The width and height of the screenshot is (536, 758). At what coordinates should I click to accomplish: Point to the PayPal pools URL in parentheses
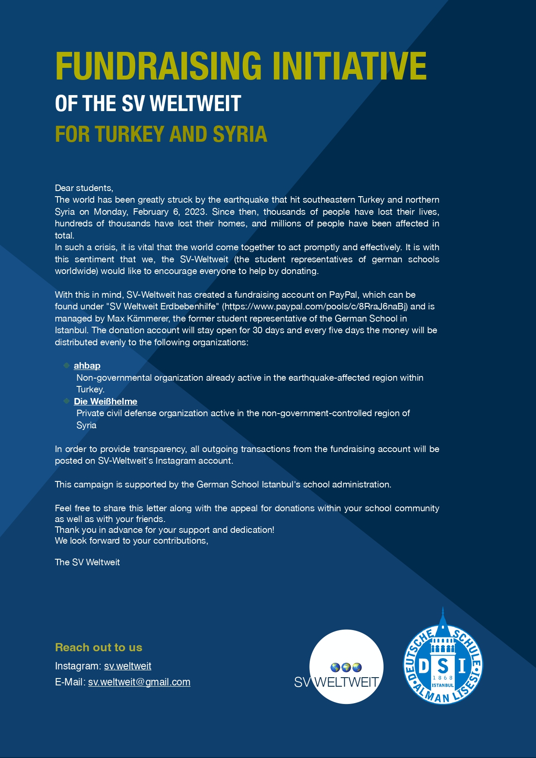(315, 306)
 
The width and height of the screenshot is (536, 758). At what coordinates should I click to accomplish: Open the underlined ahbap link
(87, 366)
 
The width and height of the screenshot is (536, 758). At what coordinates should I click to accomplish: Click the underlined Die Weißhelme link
(105, 401)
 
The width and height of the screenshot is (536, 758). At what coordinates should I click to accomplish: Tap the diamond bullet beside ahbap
(67, 366)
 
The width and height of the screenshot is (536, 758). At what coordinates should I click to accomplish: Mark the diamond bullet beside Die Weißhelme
(67, 401)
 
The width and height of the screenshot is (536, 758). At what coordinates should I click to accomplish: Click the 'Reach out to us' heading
(98, 647)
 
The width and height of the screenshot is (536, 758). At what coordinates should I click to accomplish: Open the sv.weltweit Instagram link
(127, 666)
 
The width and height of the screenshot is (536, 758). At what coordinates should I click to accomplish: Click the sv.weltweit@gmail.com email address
(139, 682)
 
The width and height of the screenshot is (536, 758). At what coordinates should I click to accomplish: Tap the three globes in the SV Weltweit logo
(346, 668)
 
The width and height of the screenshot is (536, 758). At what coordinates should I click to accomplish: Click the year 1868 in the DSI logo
(443, 678)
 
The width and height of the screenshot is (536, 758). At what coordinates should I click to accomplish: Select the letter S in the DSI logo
(443, 666)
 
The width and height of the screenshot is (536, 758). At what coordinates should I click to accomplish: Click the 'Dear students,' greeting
(84, 188)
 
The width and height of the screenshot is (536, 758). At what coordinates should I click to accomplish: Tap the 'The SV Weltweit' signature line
(87, 562)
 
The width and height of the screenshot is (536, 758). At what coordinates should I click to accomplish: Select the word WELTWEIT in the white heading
(195, 104)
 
